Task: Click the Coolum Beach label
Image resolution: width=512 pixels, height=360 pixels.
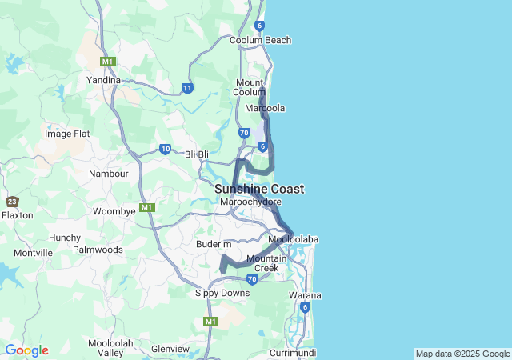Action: pos(260,40)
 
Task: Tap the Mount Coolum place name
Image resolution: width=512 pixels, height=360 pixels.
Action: pos(255,87)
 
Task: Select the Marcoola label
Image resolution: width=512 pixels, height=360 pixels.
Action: pos(266,108)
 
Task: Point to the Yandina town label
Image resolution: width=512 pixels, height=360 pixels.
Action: pos(103,80)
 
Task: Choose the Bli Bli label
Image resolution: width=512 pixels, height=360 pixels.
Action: pos(197,154)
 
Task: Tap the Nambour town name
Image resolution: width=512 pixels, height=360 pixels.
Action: pos(109,174)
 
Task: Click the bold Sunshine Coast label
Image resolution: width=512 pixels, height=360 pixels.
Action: pos(259,189)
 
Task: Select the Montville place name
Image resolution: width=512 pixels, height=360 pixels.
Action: pos(33,253)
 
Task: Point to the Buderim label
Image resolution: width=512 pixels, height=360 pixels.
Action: pos(214,243)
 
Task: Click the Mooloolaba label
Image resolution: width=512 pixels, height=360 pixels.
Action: pos(294,239)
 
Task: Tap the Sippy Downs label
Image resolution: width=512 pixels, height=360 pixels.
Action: pos(222,293)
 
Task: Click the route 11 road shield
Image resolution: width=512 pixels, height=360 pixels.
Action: pos(187,88)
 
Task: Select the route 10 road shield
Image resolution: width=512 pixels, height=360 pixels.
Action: pos(165,149)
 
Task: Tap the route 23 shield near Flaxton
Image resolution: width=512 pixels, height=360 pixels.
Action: pos(12,202)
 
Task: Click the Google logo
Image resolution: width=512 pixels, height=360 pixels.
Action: pos(26,350)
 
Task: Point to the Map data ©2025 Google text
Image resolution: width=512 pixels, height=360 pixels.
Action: pos(462,354)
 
